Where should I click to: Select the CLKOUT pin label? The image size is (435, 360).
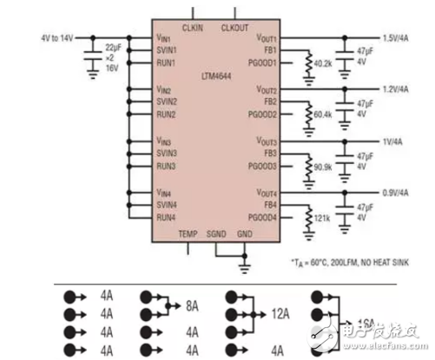click(234, 29)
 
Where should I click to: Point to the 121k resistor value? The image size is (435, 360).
click(323, 216)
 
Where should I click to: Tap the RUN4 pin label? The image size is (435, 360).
click(166, 217)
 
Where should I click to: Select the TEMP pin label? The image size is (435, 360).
click(188, 234)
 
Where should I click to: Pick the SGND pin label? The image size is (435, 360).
click(215, 234)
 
